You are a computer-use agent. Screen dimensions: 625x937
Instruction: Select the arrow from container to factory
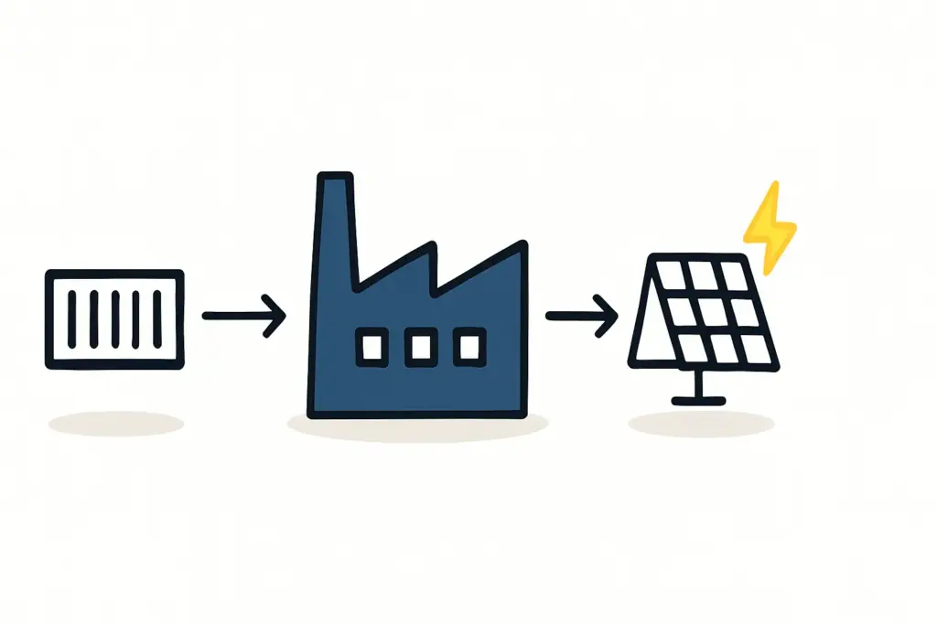point(243,316)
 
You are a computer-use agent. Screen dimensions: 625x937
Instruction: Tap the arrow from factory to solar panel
point(581,316)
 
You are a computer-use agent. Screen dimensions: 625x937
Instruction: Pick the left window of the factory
point(372,347)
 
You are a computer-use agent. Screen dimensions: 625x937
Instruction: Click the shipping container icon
point(114,318)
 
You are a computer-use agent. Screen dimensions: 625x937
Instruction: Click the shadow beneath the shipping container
point(116,423)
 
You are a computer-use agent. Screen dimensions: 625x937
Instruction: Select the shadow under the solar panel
point(701,424)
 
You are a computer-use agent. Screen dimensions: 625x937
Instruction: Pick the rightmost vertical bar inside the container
point(157,318)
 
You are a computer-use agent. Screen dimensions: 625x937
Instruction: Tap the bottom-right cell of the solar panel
point(756,348)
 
